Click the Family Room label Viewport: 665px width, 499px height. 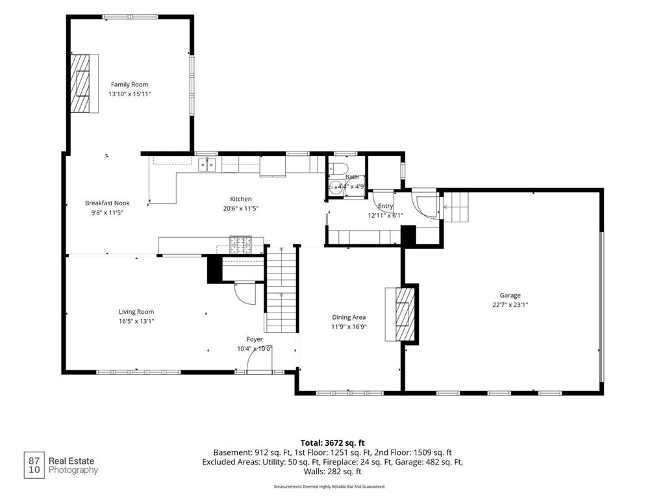(129, 84)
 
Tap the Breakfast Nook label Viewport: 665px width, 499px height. (107, 203)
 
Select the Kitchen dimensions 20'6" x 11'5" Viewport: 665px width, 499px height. (241, 209)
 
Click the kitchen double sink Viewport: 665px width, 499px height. (207, 164)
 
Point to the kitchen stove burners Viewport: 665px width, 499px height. (240, 245)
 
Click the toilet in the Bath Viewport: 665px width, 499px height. (338, 168)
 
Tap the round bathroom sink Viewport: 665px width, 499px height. (336, 186)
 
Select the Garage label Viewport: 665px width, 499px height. (510, 296)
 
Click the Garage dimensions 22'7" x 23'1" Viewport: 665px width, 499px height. (510, 305)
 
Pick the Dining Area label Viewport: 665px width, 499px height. (349, 317)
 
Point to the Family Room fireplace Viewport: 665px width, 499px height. (80, 84)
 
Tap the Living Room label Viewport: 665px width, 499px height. (136, 312)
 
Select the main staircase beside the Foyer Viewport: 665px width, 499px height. (281, 289)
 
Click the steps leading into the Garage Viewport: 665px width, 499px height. (457, 207)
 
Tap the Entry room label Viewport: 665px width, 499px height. (385, 206)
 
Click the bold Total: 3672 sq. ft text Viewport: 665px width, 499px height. (332, 443)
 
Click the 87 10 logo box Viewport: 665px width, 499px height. (34, 465)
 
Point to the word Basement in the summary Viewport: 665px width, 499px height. (232, 453)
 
